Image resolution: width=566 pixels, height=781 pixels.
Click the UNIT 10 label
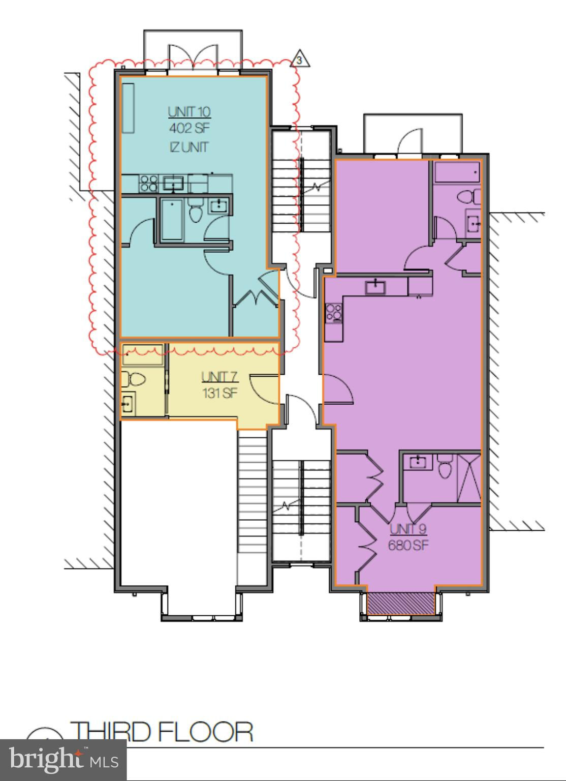pos(189,112)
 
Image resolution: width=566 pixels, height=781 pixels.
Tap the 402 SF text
pos(190,129)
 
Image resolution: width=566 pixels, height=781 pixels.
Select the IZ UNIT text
pos(189,147)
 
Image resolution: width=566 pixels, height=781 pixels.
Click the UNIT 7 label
pos(219,377)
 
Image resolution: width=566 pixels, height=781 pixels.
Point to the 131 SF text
pos(220,393)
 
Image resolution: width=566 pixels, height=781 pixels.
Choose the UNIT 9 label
pos(408,529)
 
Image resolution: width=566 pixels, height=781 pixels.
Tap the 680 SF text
pos(408,545)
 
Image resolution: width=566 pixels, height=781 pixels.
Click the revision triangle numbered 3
pos(300,58)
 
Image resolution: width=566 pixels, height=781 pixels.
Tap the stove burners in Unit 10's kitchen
pos(149,184)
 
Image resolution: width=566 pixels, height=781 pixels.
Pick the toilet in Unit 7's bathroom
pos(133,379)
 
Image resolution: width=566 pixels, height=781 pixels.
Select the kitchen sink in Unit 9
pos(375,287)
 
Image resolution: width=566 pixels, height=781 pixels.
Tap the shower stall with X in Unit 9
pos(469,478)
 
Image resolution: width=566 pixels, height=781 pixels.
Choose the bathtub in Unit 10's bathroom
pos(172,220)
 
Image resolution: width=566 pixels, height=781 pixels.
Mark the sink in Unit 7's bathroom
pos(129,403)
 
